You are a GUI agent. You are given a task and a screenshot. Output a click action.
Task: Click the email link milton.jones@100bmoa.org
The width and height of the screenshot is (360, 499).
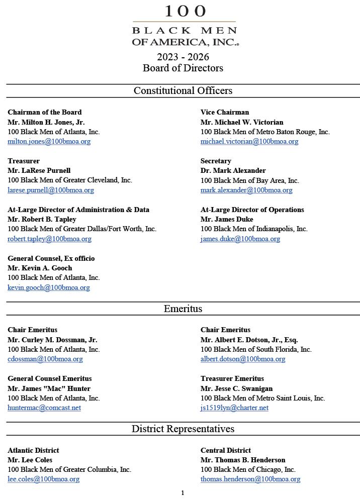(49, 142)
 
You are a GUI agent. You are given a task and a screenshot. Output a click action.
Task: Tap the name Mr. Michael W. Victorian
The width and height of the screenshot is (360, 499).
(242, 122)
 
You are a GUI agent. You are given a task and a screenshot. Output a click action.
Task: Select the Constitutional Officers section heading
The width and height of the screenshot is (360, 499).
(183, 91)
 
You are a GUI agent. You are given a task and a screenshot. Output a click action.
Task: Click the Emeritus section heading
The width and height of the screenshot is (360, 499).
(183, 309)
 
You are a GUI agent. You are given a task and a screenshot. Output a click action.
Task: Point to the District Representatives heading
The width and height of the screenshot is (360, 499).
(183, 429)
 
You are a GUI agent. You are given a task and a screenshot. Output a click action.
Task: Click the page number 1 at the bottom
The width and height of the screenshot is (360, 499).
(183, 493)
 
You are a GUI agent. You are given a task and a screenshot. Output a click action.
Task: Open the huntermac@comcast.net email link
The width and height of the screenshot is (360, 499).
(44, 408)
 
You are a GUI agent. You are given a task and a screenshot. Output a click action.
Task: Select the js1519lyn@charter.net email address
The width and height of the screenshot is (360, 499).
(234, 408)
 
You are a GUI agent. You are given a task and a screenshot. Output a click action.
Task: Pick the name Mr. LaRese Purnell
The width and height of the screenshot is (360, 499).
(39, 170)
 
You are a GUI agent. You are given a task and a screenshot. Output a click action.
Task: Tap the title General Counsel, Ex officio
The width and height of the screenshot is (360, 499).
(51, 258)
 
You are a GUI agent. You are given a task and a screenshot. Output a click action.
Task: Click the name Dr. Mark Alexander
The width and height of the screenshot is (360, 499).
(233, 170)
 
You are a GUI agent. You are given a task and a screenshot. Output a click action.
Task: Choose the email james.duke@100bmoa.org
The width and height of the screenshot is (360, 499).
(240, 239)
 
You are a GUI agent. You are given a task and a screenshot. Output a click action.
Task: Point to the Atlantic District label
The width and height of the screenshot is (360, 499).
(33, 450)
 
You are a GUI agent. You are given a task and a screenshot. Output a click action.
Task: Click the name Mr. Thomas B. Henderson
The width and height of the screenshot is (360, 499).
(243, 460)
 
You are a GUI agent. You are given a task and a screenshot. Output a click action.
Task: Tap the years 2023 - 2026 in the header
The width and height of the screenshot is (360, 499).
(183, 57)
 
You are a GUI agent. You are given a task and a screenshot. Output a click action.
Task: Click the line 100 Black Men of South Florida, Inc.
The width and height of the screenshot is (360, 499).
(256, 349)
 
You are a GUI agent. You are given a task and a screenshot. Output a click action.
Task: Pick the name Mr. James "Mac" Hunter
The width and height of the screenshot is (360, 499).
(49, 388)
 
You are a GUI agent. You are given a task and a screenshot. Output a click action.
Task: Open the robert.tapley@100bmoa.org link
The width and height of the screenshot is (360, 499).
(49, 239)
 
